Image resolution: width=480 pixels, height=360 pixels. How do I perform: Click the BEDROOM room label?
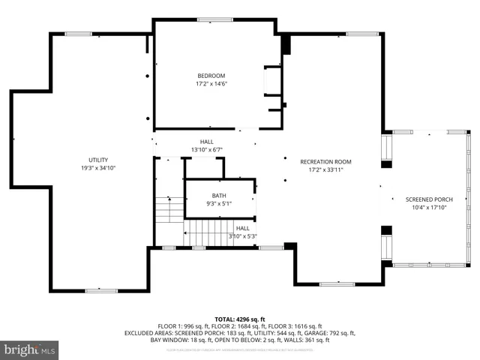click(211, 76)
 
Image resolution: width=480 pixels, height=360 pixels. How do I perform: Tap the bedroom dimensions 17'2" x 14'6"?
click(211, 83)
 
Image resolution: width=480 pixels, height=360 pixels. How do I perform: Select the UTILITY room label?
click(98, 160)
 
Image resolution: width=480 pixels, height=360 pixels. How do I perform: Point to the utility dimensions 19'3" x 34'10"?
click(98, 168)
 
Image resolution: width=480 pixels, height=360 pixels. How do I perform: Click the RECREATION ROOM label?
click(325, 161)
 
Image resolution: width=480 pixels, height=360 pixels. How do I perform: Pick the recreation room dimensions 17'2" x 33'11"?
click(325, 169)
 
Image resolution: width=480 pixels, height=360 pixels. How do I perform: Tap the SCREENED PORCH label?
click(430, 199)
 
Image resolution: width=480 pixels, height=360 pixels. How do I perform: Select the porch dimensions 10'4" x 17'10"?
click(430, 208)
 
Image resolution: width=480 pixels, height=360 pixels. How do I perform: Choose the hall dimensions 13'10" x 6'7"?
click(206, 149)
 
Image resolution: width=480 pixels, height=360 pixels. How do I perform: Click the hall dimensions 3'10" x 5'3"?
click(243, 236)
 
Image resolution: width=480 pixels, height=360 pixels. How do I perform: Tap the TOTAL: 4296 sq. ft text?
click(240, 319)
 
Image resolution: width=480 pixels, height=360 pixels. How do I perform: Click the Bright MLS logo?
click(30, 349)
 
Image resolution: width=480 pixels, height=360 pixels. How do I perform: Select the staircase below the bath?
click(211, 232)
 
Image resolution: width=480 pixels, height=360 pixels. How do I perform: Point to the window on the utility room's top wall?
click(78, 33)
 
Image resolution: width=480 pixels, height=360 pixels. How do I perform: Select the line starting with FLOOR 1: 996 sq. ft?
click(240, 326)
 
